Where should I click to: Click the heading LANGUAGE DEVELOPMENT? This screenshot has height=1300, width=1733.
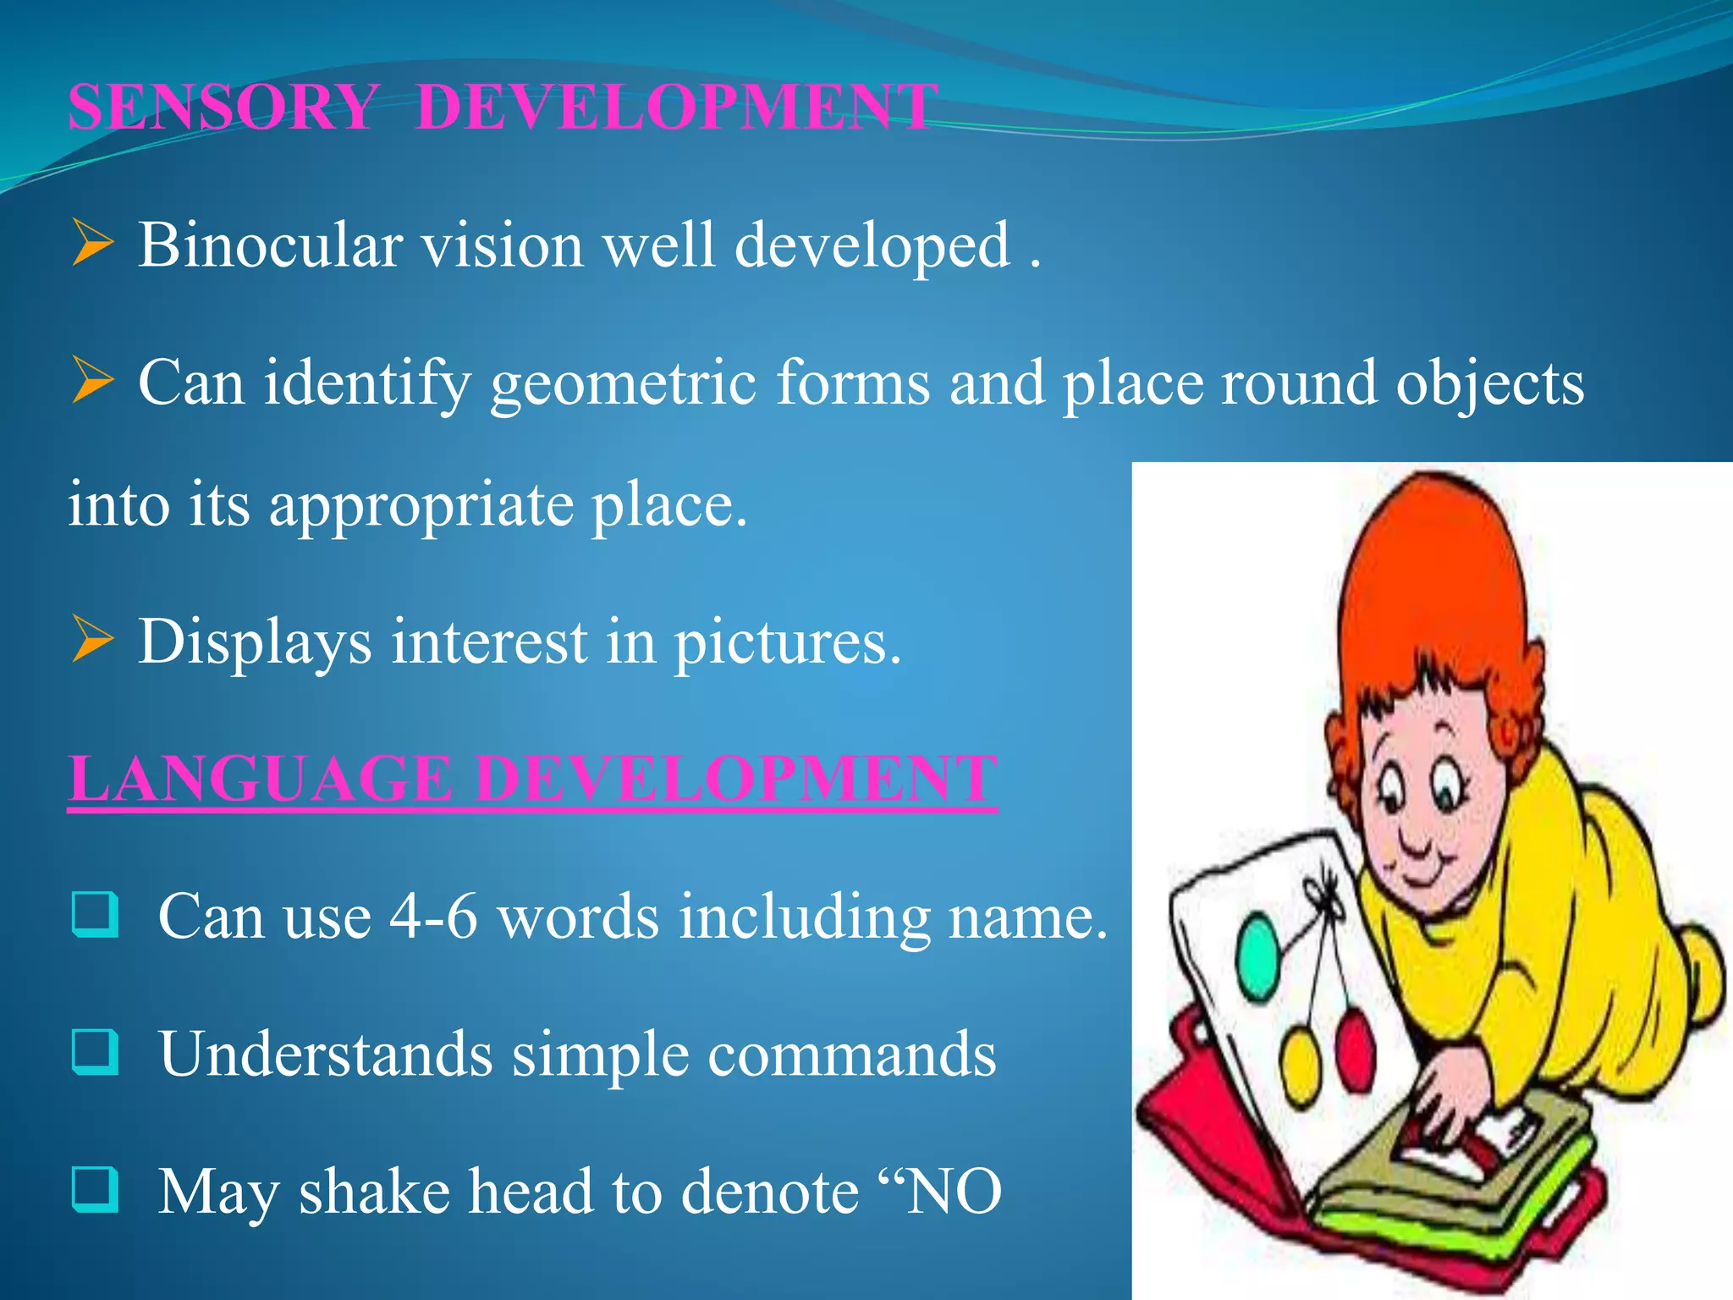coord(532,778)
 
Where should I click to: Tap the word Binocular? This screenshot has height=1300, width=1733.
coord(270,245)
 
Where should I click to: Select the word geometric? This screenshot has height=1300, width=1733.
coord(623,383)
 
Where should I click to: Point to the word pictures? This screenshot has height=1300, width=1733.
coord(787,642)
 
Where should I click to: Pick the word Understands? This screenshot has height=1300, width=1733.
coord(326,1055)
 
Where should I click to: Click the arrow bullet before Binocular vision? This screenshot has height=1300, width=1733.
coord(92,243)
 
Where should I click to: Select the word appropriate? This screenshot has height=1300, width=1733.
coord(420,505)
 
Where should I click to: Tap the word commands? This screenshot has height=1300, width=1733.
coord(851,1055)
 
